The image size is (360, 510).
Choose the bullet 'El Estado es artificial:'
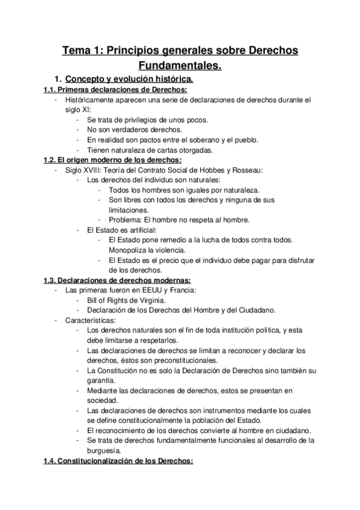[122, 230]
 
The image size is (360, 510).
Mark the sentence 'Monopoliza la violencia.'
[147, 250]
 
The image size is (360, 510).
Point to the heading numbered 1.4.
[118, 461]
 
